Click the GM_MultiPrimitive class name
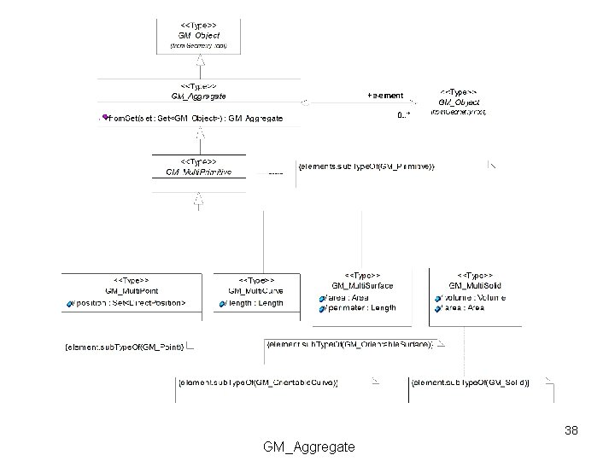(198, 172)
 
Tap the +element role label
(384, 96)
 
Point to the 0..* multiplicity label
(403, 115)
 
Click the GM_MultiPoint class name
(132, 291)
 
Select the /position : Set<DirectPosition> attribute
(129, 303)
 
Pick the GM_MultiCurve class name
(255, 291)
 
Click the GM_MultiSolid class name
(476, 286)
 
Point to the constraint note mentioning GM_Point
(125, 347)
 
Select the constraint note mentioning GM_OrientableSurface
(351, 344)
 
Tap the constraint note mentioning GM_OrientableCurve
(259, 383)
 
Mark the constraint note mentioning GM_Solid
(471, 383)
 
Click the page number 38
(571, 430)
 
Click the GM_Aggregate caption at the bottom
(309, 446)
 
